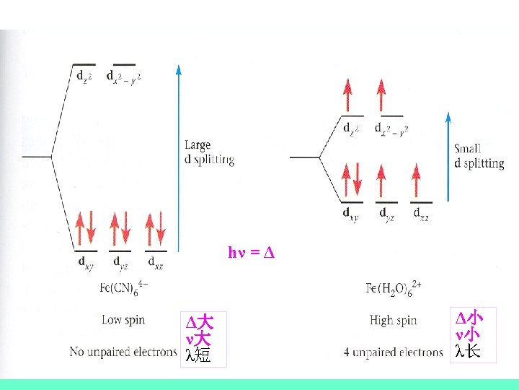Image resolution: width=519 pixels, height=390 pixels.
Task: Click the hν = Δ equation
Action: (x=252, y=253)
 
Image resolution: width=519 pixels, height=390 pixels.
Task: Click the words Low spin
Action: (x=123, y=319)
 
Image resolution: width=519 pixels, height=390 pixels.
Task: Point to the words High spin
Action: (x=394, y=319)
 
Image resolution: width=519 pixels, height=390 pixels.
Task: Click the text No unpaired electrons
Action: (x=123, y=352)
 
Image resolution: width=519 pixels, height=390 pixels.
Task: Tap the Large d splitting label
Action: (x=209, y=152)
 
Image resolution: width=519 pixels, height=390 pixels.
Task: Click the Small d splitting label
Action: (x=479, y=156)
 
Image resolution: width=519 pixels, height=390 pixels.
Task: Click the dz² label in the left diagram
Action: (x=85, y=75)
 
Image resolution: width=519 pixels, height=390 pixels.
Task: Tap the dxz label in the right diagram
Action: (x=422, y=213)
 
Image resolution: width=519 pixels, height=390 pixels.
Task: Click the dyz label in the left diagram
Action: (x=120, y=261)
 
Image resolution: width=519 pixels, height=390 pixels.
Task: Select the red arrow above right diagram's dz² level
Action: (x=350, y=95)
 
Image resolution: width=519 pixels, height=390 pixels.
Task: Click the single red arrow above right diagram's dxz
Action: (x=415, y=182)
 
